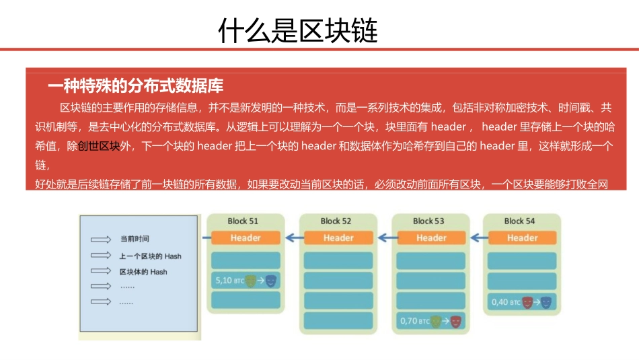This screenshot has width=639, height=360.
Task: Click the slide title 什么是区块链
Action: tap(298, 30)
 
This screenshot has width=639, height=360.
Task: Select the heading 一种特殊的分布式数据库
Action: tap(135, 86)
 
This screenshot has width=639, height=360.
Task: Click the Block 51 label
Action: tap(243, 221)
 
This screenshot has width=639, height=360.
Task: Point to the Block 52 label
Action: tap(336, 221)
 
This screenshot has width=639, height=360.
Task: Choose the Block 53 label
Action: tap(428, 221)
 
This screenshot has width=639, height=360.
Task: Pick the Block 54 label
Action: tap(520, 221)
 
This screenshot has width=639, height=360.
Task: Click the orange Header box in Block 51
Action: tap(245, 238)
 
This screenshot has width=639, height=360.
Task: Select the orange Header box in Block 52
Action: tap(338, 238)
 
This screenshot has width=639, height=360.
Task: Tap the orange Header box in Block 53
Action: tap(430, 238)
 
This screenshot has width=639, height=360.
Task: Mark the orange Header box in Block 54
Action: tap(522, 238)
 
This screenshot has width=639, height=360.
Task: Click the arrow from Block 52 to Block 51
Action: tap(294, 237)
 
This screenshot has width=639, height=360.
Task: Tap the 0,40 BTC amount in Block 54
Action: tap(504, 302)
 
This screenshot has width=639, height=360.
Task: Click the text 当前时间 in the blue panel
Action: tap(134, 239)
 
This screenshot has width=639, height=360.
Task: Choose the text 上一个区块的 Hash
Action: tap(150, 256)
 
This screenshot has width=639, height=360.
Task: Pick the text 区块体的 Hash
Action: tap(143, 272)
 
